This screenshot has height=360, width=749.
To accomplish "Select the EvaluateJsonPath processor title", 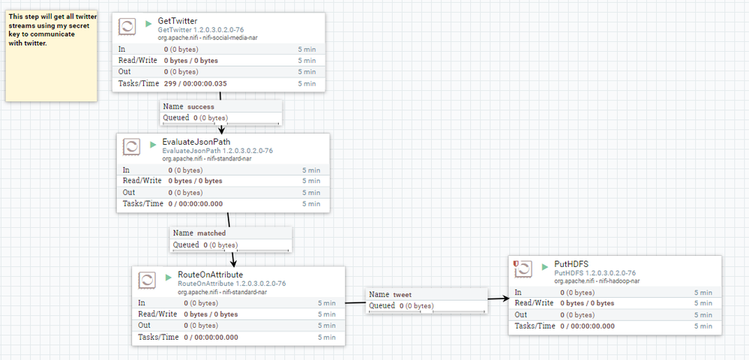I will point(196,142).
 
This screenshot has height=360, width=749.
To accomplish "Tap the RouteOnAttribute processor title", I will point(210,274).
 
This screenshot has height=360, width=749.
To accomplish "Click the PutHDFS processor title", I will point(571,264).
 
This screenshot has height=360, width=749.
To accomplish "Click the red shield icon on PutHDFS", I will point(516,264).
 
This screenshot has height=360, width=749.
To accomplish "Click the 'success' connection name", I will point(200,106).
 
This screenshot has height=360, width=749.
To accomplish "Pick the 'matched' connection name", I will point(211,233).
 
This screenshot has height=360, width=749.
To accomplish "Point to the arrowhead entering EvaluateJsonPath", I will point(221,129).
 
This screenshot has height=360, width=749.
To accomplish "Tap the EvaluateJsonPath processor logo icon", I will point(133,146).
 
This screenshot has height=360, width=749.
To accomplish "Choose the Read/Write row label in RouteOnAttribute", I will point(157,314).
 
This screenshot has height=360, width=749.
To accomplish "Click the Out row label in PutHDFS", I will point(521,315).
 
